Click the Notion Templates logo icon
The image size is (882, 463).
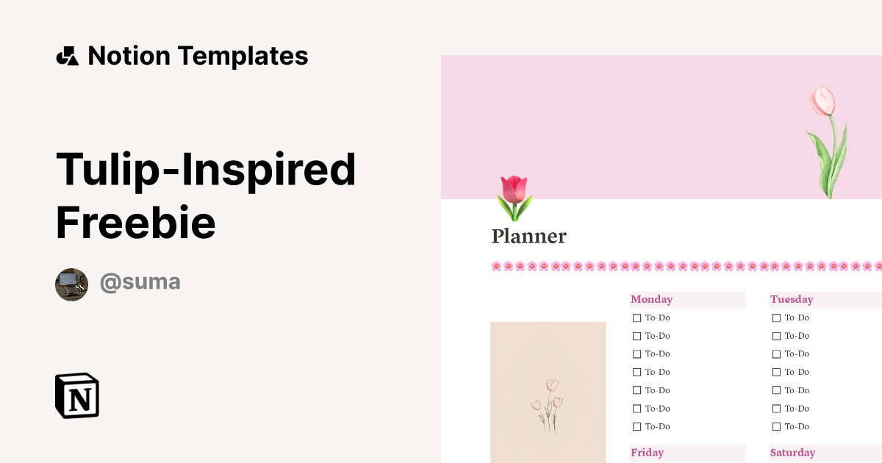click(67, 56)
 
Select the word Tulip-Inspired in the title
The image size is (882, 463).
click(206, 168)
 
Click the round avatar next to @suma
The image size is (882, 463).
click(71, 284)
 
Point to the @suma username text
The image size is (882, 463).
click(140, 282)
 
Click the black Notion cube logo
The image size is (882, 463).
click(77, 395)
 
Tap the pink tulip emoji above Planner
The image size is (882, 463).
click(514, 197)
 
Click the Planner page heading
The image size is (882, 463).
click(528, 237)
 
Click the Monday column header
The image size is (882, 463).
click(651, 300)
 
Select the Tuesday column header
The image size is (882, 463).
click(792, 300)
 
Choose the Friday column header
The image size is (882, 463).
click(647, 453)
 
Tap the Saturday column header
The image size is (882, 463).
click(792, 453)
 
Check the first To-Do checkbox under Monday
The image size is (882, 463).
click(637, 318)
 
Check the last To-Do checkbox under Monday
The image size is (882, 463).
click(637, 427)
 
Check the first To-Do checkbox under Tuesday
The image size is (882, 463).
click(776, 318)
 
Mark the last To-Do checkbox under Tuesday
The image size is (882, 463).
click(776, 427)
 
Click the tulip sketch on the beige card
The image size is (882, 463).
click(548, 404)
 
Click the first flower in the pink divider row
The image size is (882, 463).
click(496, 266)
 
